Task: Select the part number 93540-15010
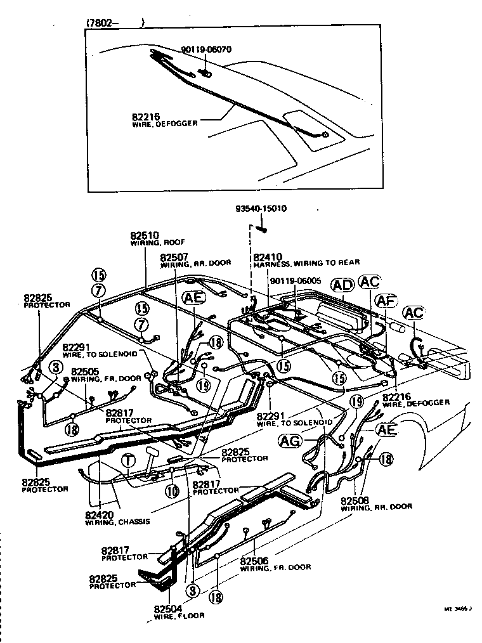[x=261, y=209]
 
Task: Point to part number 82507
[x=174, y=257]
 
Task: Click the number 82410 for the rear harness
[x=266, y=257]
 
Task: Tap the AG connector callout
[x=289, y=441]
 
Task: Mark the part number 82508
[x=355, y=499]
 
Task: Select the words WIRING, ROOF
[x=152, y=243]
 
